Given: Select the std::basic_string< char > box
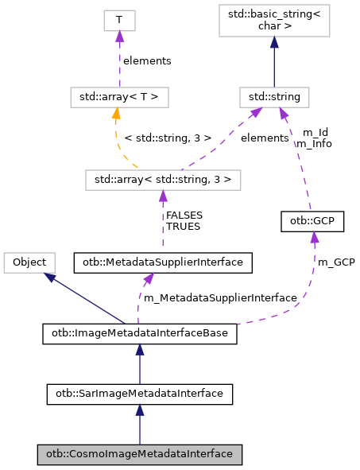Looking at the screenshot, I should pos(274,21).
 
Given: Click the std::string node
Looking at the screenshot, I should pos(274,98).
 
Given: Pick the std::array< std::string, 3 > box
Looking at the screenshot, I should pos(162,180).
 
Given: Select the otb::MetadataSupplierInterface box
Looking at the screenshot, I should pos(163,261).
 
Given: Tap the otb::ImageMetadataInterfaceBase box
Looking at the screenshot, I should pos(140,335).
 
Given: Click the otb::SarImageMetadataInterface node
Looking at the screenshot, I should pos(140,393).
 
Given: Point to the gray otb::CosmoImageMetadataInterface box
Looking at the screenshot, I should pos(140,454).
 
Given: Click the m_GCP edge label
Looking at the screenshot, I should pos(336,262).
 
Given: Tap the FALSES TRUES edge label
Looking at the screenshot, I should pos(184,220).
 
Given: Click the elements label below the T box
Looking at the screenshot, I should pos(145,60).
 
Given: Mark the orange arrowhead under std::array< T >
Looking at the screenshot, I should pos(117,115).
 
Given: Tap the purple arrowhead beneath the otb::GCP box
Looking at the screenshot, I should pos(315,238).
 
